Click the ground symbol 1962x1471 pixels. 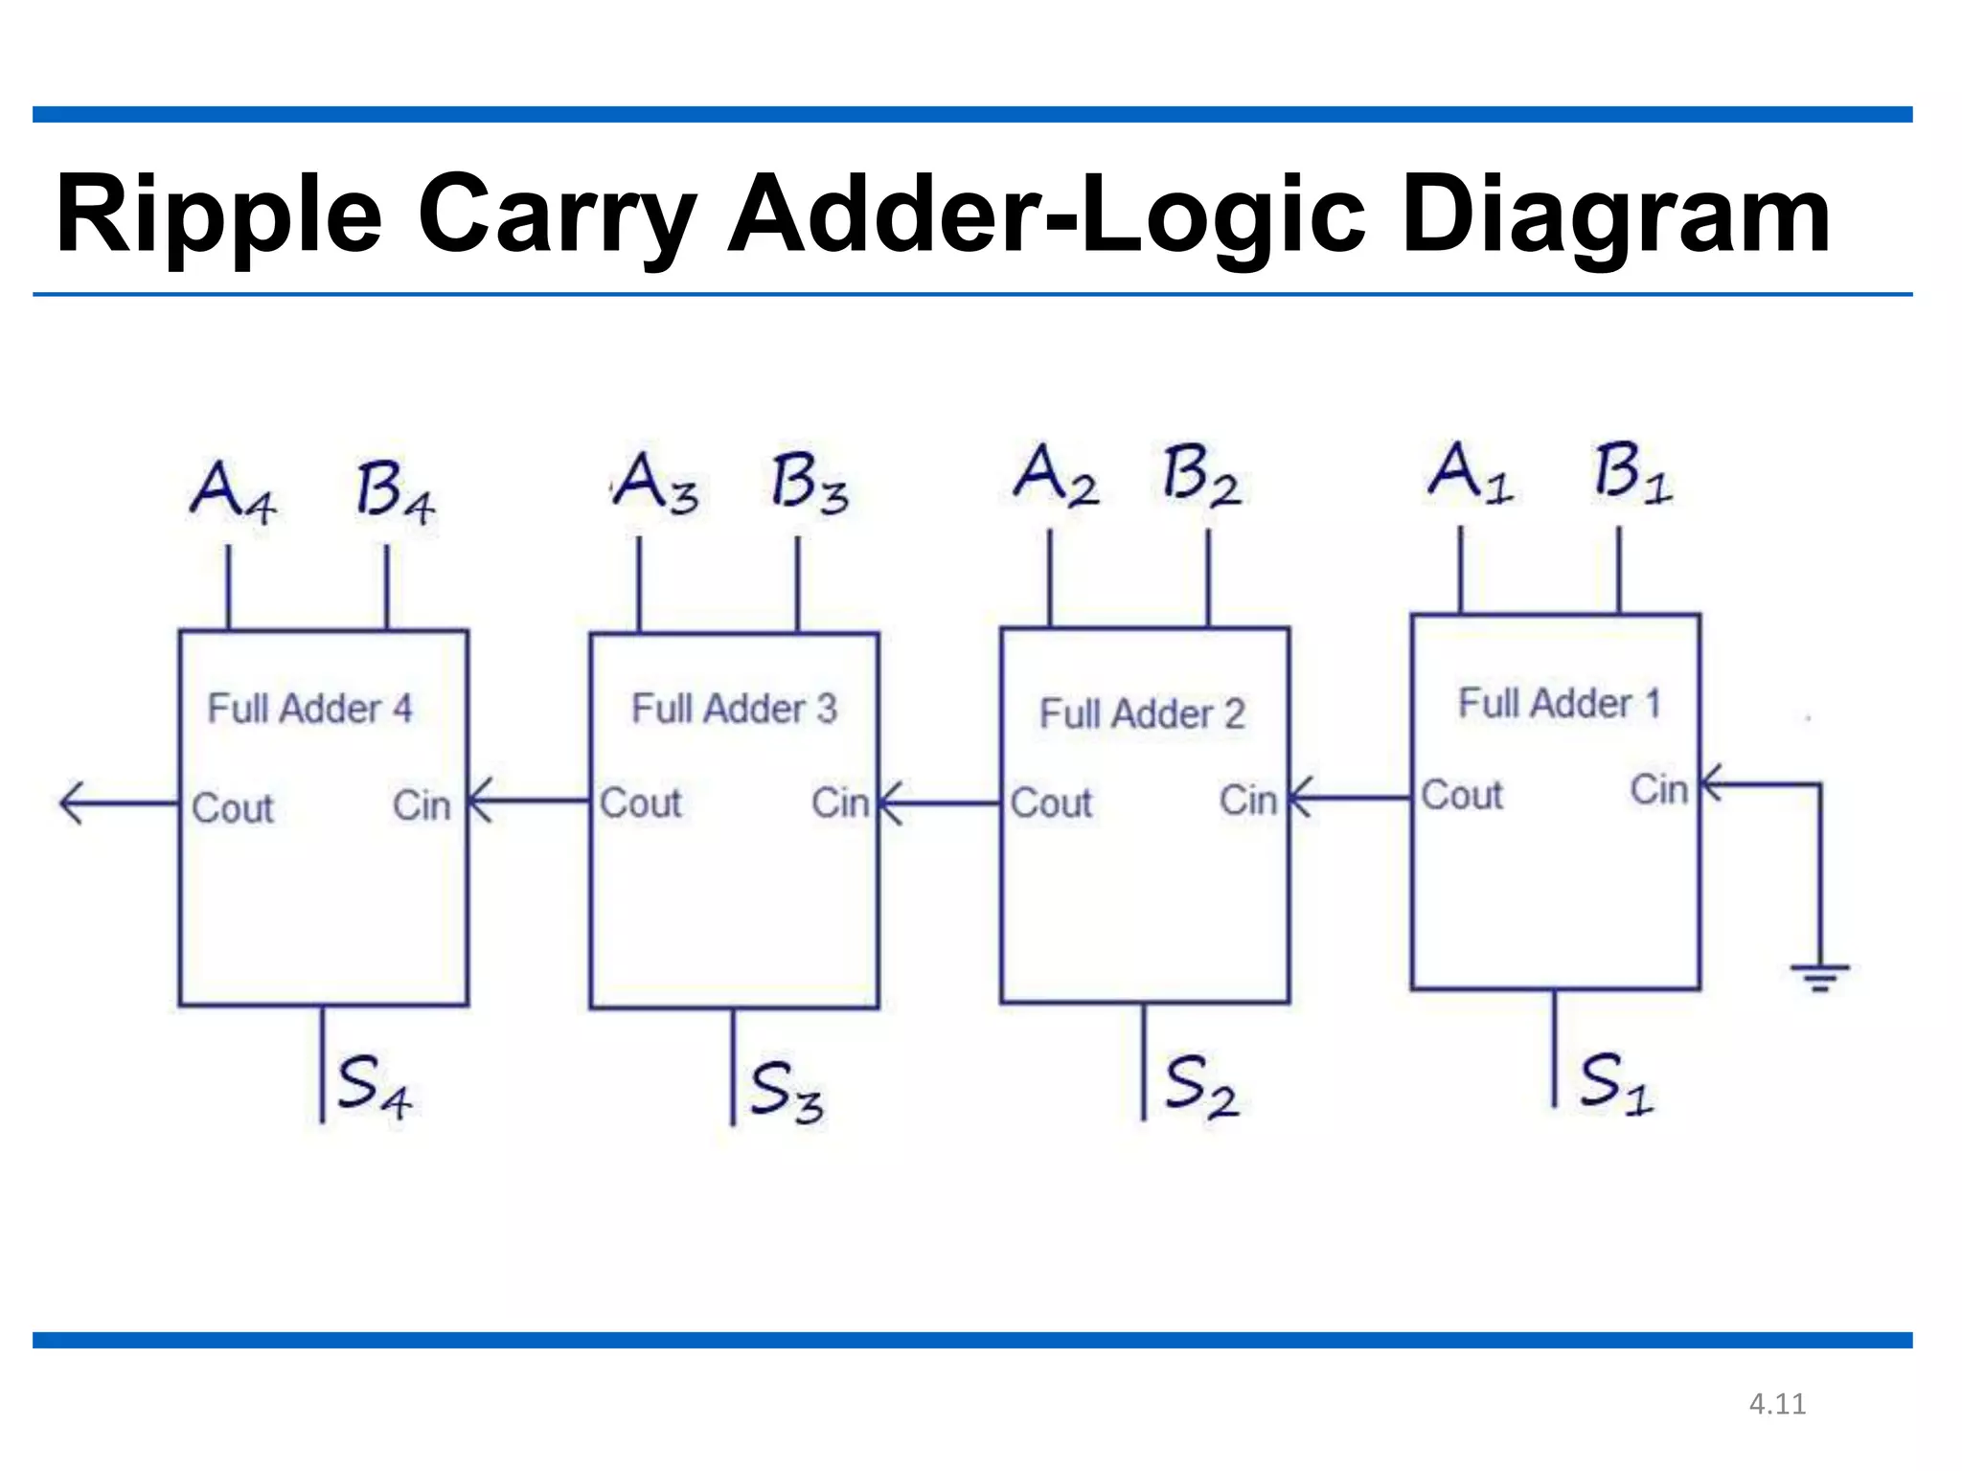pos(1819,977)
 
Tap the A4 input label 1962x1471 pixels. pos(233,491)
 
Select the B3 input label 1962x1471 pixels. pos(810,484)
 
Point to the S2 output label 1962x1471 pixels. pos(1200,1086)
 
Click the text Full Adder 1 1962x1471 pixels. pos(1559,703)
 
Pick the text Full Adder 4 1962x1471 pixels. pos(309,709)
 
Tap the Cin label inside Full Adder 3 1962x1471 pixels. pos(839,803)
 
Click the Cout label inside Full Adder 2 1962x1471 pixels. pos(1051,803)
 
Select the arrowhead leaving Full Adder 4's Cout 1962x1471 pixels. pos(73,803)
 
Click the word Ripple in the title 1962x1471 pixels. pos(218,215)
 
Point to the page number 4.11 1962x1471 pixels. pos(1777,1404)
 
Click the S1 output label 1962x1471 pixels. pos(1615,1083)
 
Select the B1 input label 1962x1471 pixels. pos(1632,474)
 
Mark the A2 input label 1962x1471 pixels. pos(1055,476)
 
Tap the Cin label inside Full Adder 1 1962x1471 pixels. pos(1658,790)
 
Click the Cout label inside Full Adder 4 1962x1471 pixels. pos(232,808)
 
